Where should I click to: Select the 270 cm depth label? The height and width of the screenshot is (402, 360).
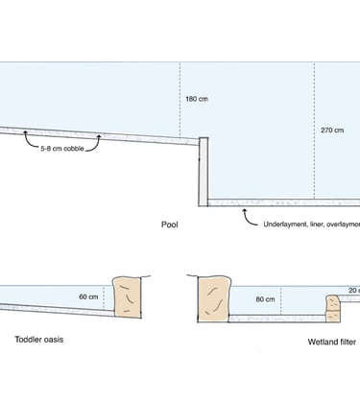tap(333, 130)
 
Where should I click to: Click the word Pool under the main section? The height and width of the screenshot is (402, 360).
tap(171, 227)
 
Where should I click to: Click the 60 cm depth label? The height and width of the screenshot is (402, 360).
tap(88, 296)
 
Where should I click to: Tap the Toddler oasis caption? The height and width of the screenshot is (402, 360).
tap(39, 340)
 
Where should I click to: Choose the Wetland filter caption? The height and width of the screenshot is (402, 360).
tap(331, 342)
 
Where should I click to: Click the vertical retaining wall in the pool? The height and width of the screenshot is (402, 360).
tap(204, 171)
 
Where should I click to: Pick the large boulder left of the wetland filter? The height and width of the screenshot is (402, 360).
tap(214, 296)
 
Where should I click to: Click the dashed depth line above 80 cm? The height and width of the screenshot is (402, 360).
tap(280, 293)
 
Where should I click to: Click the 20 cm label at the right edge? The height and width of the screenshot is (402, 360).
tap(353, 289)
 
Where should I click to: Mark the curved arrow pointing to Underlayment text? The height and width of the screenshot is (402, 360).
tap(245, 215)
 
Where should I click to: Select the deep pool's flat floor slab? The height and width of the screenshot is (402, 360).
tap(283, 202)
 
